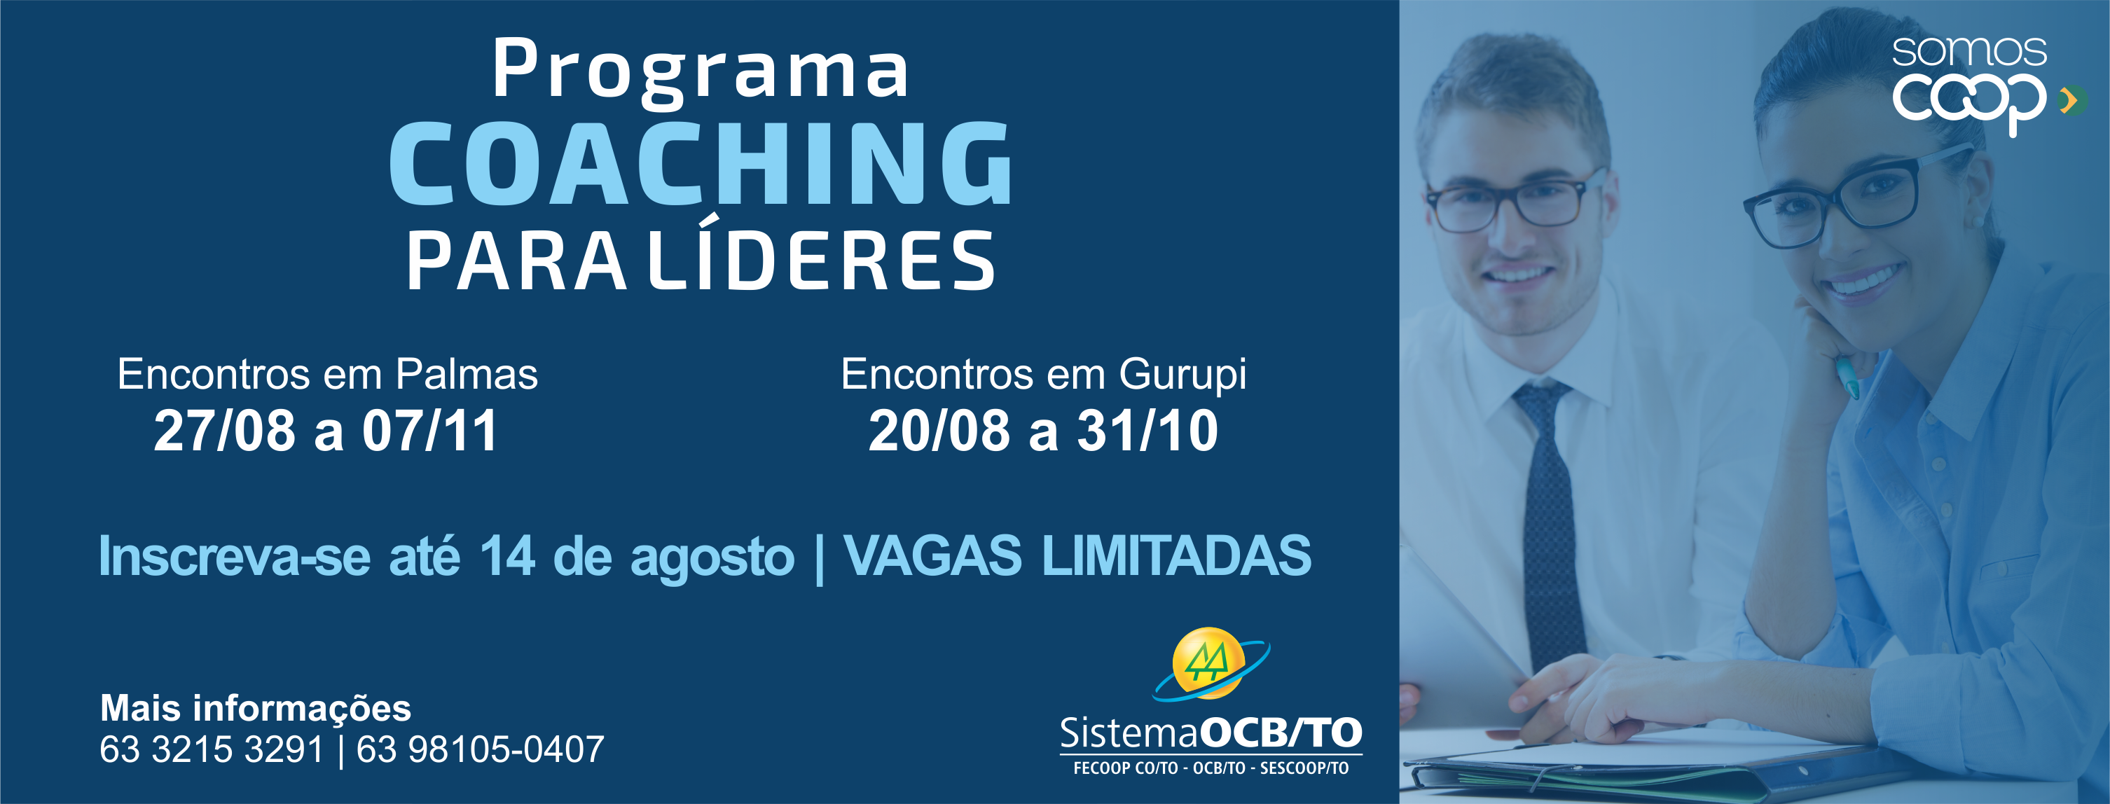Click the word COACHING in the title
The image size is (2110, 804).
pyautogui.click(x=701, y=163)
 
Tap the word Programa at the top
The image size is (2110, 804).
pyautogui.click(x=701, y=72)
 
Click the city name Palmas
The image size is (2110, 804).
pyautogui.click(x=466, y=374)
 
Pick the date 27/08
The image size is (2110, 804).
pyautogui.click(x=224, y=431)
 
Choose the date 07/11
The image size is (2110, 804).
pyautogui.click(x=430, y=431)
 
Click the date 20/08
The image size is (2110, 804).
pyautogui.click(x=939, y=431)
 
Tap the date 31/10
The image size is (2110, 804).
pyautogui.click(x=1147, y=431)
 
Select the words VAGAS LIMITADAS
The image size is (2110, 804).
pyautogui.click(x=1077, y=556)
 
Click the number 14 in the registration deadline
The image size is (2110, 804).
pyautogui.click(x=508, y=557)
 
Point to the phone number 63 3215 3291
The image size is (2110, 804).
pyautogui.click(x=212, y=749)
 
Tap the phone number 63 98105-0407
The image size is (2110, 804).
pyautogui.click(x=480, y=749)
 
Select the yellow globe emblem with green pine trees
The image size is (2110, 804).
pyautogui.click(x=1209, y=663)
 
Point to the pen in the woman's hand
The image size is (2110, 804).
pyautogui.click(x=1847, y=377)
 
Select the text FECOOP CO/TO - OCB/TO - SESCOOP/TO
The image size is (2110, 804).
pyautogui.click(x=1211, y=768)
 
